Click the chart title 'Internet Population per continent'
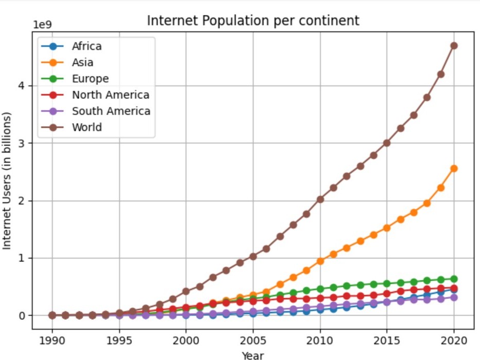253,21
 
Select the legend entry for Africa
87,46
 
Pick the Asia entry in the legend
82,62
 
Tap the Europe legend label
90,79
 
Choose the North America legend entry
110,95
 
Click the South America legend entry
111,111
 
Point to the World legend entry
87,127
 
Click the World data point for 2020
454,46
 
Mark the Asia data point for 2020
454,168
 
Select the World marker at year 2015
387,143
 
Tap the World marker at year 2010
320,199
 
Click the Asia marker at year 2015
387,228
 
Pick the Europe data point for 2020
454,279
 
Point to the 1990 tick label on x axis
52,340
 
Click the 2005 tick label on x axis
253,340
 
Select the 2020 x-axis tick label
454,340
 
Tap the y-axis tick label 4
22,85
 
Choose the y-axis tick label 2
22,201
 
